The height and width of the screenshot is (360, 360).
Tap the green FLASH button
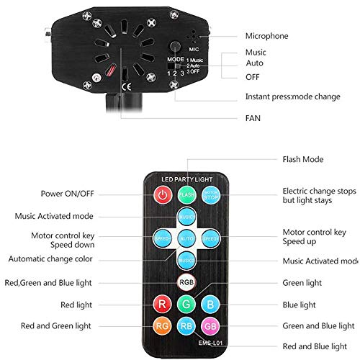click(x=186, y=195)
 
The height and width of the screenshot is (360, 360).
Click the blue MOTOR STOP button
click(x=210, y=195)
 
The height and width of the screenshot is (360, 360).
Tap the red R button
click(x=162, y=304)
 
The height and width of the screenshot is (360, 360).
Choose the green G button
click(x=186, y=304)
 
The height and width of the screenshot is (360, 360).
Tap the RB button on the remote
click(x=186, y=328)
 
